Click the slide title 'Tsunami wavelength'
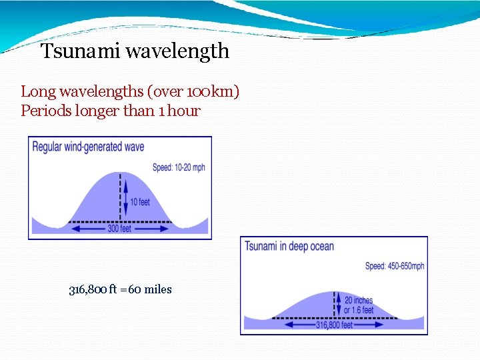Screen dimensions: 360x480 coord(135,51)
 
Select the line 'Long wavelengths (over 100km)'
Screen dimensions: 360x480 coord(130,91)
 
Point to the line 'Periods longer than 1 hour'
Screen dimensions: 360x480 coord(111,111)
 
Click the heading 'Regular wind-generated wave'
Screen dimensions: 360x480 coord(88,147)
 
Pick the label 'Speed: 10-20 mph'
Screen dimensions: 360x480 coord(179,167)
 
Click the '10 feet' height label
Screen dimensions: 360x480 coord(140,201)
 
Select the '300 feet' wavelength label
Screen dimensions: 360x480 coord(120,228)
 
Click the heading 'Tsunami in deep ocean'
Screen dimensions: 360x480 coord(289,247)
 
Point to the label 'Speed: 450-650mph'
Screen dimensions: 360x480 coord(395,266)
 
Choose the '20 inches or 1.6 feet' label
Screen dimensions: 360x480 coord(359,305)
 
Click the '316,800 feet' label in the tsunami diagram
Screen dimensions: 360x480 coord(334,325)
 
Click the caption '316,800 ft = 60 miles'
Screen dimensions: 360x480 coord(121,289)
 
